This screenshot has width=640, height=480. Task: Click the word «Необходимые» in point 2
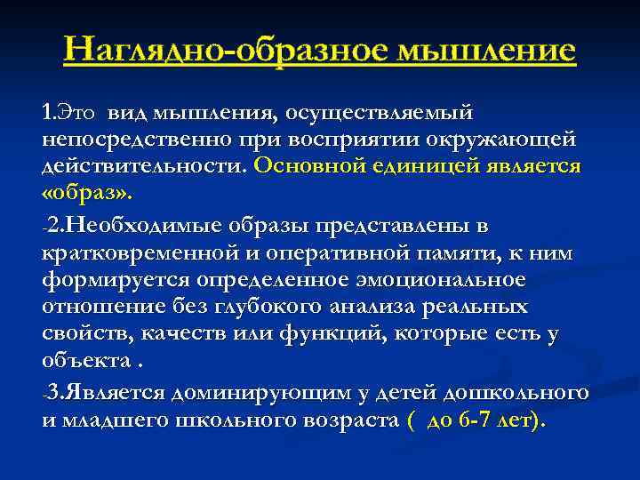coord(136,227)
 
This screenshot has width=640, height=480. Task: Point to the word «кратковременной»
coord(146,253)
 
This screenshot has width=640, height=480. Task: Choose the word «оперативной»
coord(348,253)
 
